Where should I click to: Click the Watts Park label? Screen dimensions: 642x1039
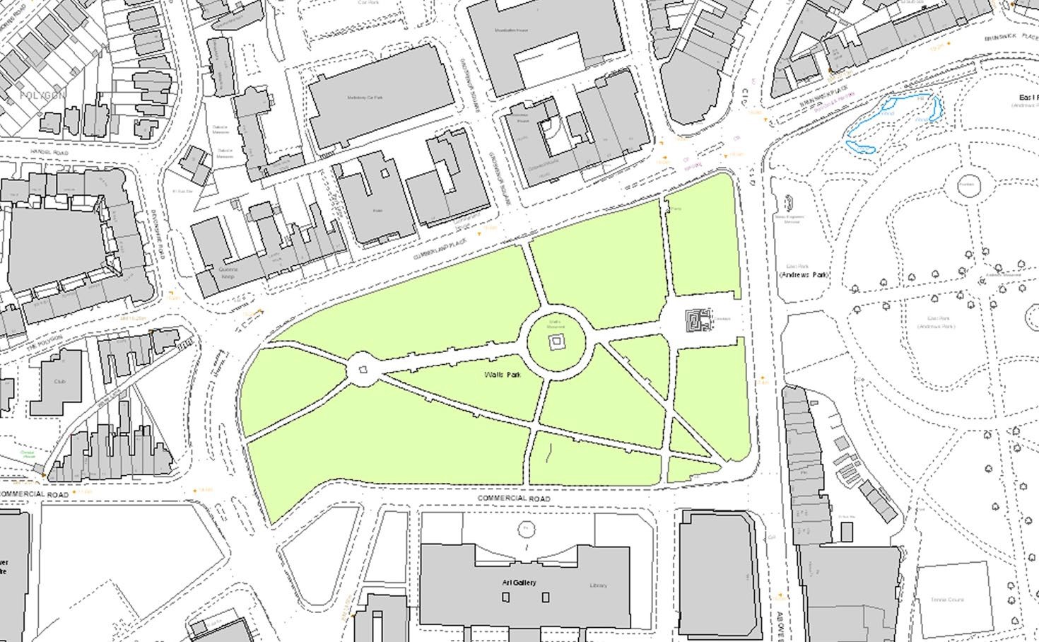503,374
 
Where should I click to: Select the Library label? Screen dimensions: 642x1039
598,585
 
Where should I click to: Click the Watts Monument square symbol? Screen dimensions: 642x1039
557,342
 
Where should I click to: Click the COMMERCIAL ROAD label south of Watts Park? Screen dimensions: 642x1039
513,498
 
